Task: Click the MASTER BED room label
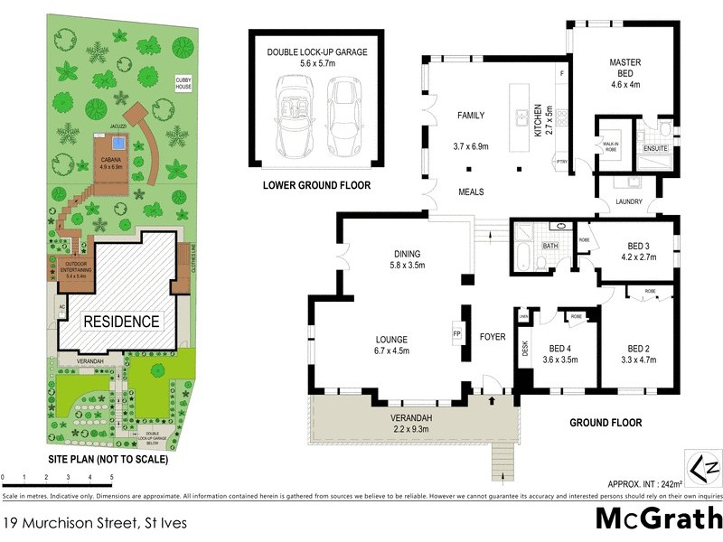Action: [x=624, y=62]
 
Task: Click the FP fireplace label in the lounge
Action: [x=456, y=332]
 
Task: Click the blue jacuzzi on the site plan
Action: [x=117, y=144]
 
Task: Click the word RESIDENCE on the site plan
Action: [x=122, y=321]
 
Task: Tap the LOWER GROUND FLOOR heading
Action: [x=316, y=187]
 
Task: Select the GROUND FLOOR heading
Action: [x=606, y=422]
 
